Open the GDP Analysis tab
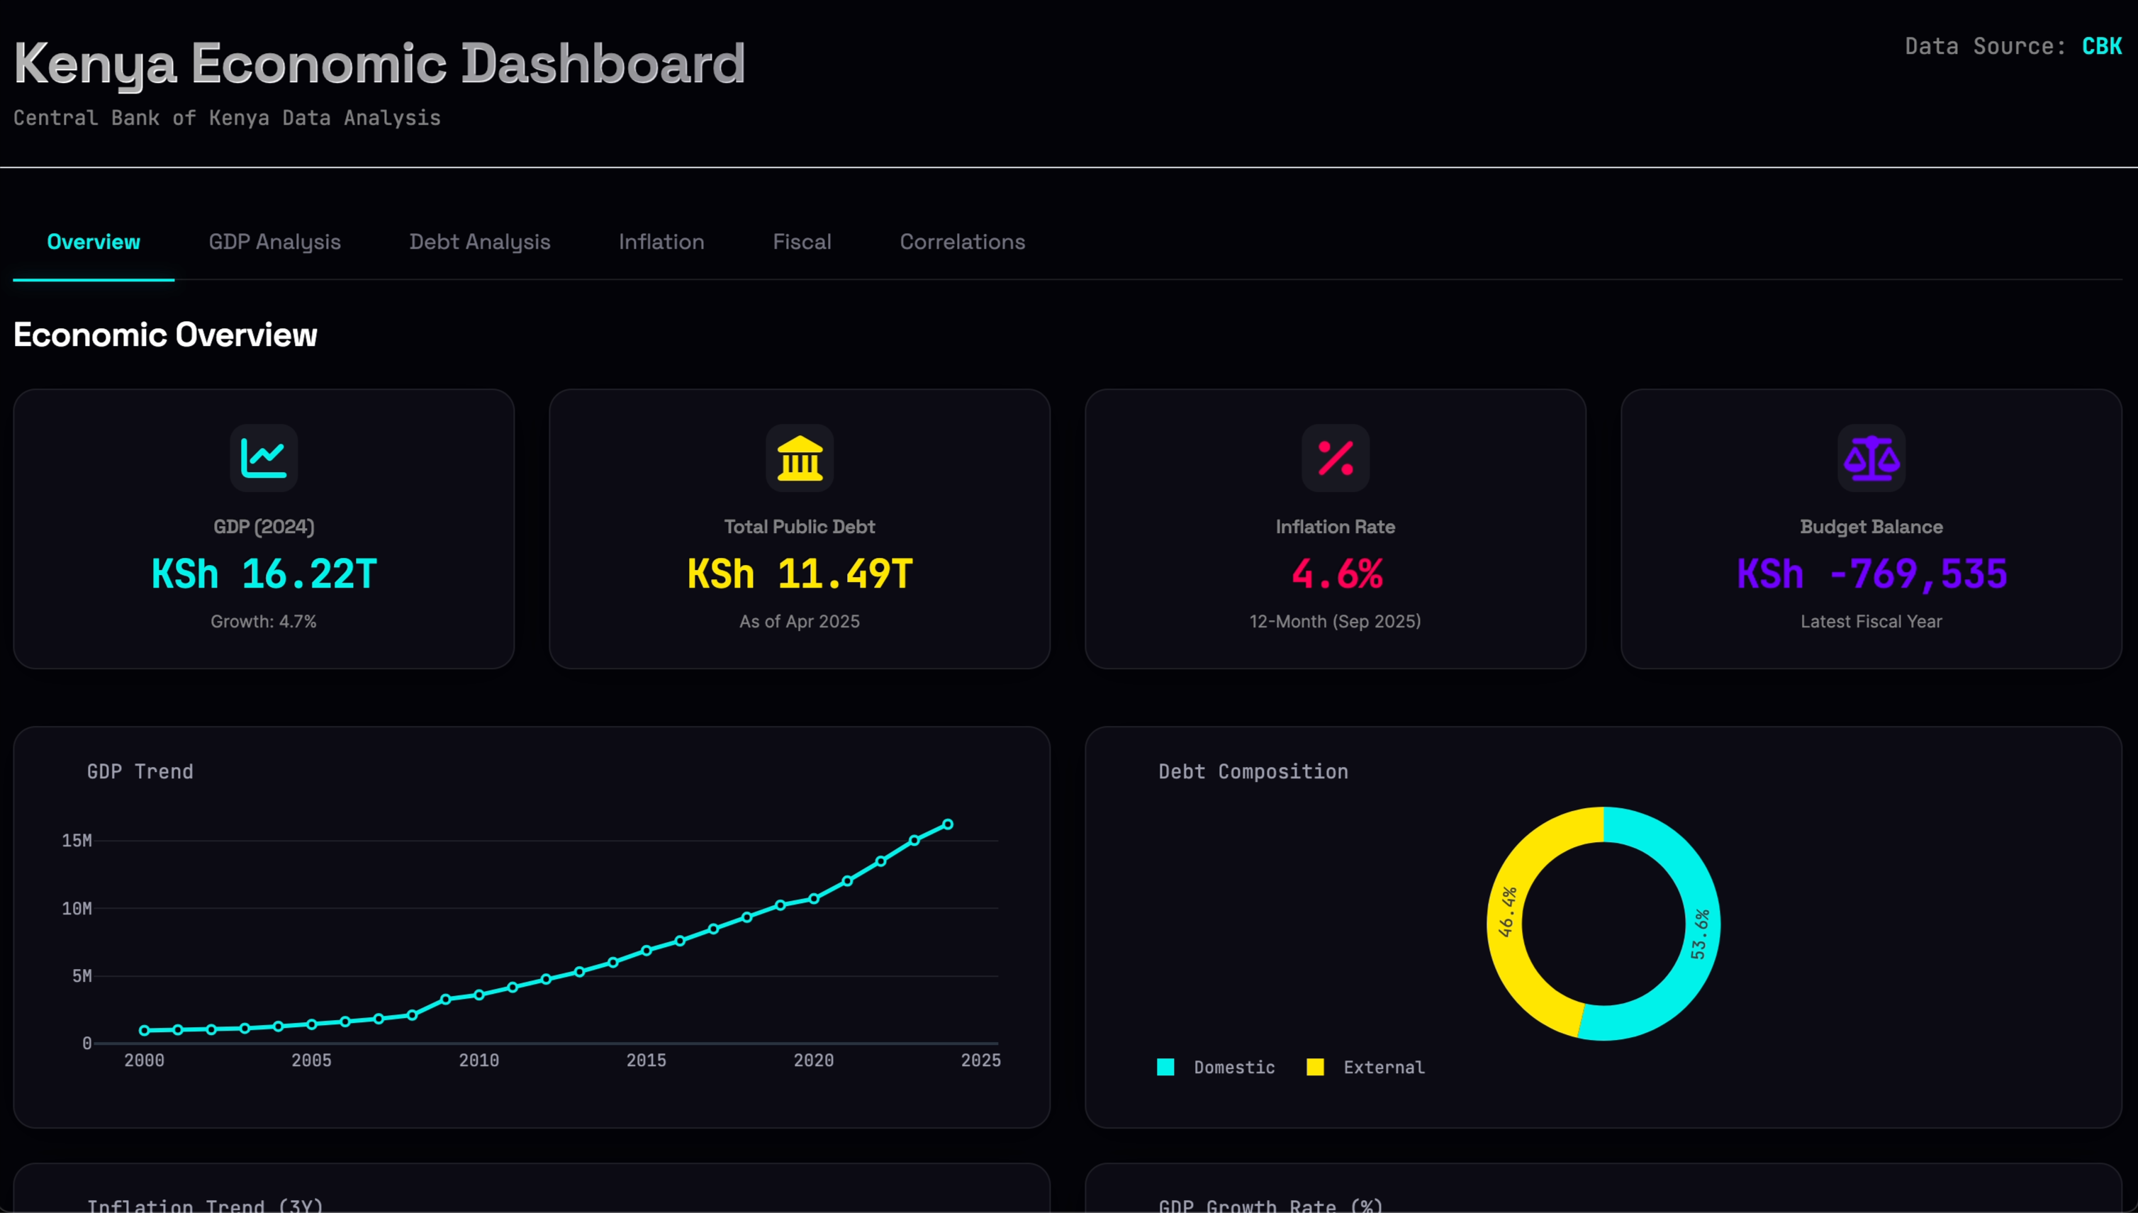tap(274, 242)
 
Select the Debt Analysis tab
tap(479, 242)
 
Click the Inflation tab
tap(661, 242)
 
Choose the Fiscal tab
tap(801, 242)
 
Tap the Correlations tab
tap(961, 242)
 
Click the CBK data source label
tap(2100, 46)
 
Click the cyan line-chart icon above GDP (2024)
tap(264, 458)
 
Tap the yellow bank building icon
tap(800, 458)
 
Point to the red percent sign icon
tap(1336, 458)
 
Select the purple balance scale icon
tap(1871, 458)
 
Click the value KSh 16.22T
tap(264, 574)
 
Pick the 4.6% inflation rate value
tap(1336, 574)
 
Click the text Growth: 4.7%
tap(264, 622)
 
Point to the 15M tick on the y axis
tap(77, 840)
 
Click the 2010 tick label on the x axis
tap(479, 1060)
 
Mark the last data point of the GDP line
tap(947, 824)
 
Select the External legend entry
tap(1366, 1068)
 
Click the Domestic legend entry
tap(1216, 1068)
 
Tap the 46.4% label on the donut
tap(1507, 912)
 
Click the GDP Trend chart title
tap(140, 772)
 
